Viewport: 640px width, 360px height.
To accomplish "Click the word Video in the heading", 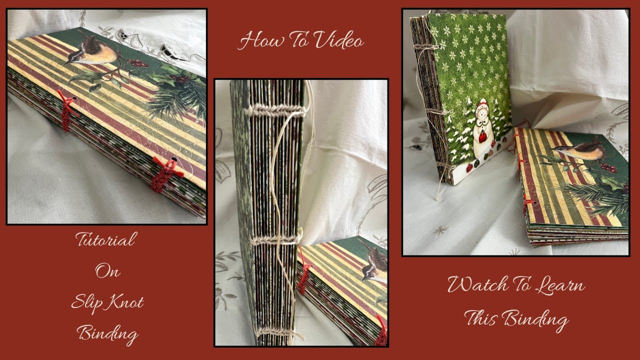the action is click(339, 40).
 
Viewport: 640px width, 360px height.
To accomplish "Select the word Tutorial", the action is click(106, 239).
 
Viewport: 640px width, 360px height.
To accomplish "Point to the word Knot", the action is click(125, 301).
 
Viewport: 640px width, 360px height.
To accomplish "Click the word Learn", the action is click(560, 285).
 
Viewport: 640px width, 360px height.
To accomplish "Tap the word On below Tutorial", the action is click(107, 271).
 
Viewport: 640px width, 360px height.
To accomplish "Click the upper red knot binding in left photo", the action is click(66, 109).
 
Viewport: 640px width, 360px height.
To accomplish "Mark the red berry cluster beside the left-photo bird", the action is click(137, 63).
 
